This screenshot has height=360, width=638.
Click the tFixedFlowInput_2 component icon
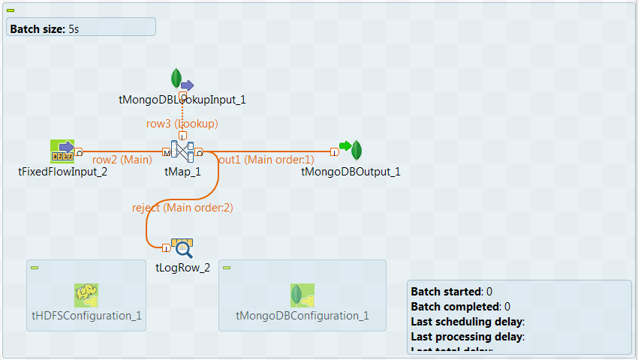click(x=62, y=151)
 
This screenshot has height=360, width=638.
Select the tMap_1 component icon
click(x=182, y=151)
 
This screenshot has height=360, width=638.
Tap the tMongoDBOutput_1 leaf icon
click(x=357, y=151)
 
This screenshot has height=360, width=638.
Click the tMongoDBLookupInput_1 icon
click(x=180, y=80)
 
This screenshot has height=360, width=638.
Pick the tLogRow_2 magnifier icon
click(x=182, y=248)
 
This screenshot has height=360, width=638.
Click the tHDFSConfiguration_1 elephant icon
click(x=86, y=295)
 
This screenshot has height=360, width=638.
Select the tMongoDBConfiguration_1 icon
click(x=302, y=295)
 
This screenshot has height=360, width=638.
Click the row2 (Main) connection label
click(x=122, y=159)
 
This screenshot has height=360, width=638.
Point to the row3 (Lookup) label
click(x=182, y=124)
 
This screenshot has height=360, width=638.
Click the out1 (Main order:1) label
click(x=266, y=159)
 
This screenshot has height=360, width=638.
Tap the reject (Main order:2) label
click(x=182, y=207)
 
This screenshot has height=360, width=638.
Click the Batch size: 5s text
click(x=44, y=28)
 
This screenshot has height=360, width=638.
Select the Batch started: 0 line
click(x=451, y=291)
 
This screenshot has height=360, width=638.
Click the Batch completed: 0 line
click(x=460, y=306)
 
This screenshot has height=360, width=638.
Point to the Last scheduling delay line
click(x=472, y=321)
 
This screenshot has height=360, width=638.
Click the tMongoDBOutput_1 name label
click(x=351, y=172)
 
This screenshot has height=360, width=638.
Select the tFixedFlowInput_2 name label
click(x=62, y=172)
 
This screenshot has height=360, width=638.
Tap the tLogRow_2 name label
click(x=182, y=268)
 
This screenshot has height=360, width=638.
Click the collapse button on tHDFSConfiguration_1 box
click(x=35, y=268)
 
